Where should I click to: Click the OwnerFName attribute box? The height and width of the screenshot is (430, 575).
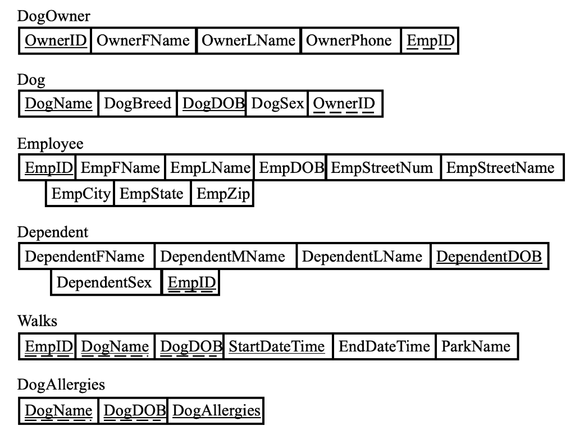tap(143, 40)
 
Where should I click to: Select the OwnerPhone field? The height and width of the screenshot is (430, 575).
tap(349, 40)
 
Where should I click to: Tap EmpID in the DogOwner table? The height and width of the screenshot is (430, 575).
tap(431, 40)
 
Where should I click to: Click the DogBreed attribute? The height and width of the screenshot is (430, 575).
tap(138, 103)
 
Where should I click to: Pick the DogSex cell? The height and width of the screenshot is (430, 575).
tap(277, 103)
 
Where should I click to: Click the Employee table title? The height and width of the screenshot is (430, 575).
tap(51, 144)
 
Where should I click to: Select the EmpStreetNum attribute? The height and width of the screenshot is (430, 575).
tap(382, 167)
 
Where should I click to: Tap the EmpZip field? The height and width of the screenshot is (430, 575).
tap(222, 194)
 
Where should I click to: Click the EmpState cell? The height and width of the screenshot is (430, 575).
tap(152, 194)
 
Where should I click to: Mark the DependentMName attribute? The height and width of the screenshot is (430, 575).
tap(223, 257)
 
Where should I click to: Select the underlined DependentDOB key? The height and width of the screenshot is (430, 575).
tap(489, 257)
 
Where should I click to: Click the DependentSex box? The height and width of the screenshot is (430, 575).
tap(104, 282)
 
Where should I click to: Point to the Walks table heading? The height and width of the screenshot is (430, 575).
tap(37, 321)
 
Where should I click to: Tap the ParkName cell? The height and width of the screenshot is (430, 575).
tap(476, 346)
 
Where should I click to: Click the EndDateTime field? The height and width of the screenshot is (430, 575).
tap(384, 346)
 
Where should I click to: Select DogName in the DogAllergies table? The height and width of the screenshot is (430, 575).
tap(58, 410)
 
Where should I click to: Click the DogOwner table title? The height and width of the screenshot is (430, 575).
tap(53, 16)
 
